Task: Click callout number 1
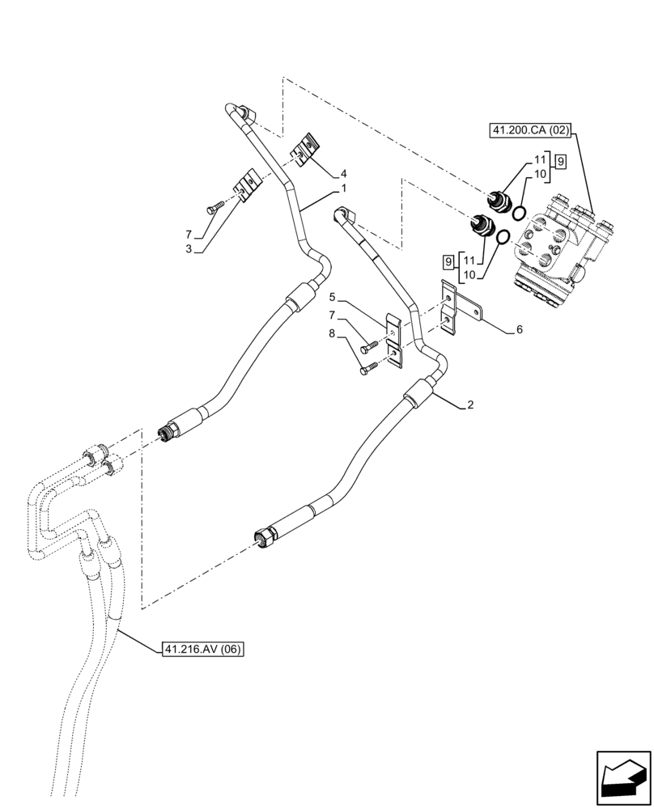[x=344, y=188]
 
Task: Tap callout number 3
[x=188, y=249]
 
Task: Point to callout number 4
[x=344, y=173]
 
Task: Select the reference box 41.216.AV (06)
[x=202, y=649]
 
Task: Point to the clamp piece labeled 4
[x=306, y=150]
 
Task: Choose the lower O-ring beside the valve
[x=502, y=238]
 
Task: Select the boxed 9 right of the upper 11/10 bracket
[x=560, y=160]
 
